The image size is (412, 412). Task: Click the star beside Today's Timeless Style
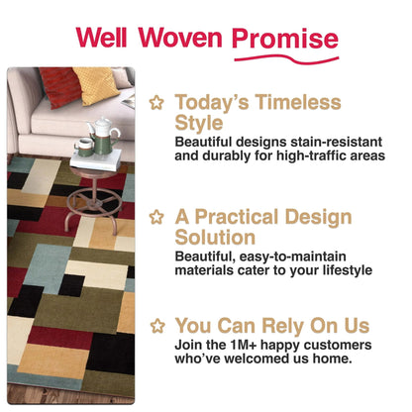point(155,102)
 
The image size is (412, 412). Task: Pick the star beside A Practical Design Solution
point(155,217)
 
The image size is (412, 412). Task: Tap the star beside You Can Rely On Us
point(155,325)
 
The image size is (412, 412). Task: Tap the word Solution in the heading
point(216,239)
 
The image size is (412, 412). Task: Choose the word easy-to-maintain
point(287,256)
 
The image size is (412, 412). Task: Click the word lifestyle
point(339,270)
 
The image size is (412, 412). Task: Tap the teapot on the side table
point(102,129)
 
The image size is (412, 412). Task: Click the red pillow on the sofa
point(63,87)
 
